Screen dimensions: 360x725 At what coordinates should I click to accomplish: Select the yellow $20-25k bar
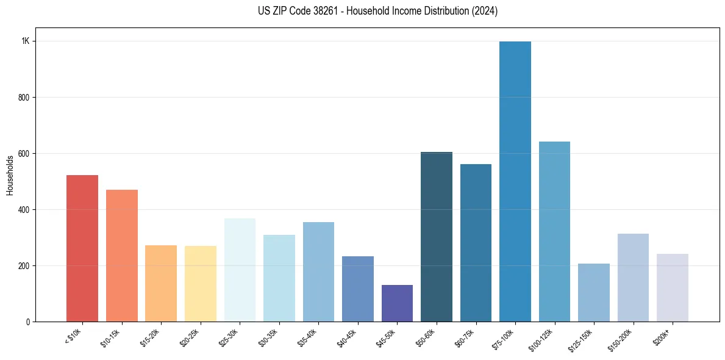pos(201,284)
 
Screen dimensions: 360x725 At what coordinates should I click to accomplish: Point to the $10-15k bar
pos(122,256)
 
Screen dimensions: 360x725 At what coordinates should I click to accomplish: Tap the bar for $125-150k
pos(594,293)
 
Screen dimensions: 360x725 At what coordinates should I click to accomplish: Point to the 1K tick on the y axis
pos(25,41)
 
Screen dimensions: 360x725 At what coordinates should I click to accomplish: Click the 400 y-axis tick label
pos(23,210)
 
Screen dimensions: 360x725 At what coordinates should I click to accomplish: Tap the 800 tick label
pos(23,98)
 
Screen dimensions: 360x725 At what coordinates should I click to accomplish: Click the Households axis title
pos(10,175)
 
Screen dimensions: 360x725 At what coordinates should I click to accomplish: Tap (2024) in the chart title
pos(484,11)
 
